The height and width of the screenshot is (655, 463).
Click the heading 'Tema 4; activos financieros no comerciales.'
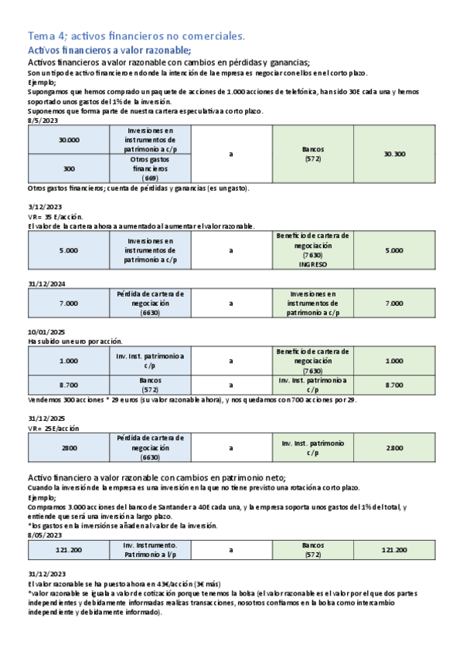(136, 36)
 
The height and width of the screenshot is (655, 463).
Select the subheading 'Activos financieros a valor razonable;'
(97, 49)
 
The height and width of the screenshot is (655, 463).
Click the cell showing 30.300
(394, 154)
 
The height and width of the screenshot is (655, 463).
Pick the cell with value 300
(69, 168)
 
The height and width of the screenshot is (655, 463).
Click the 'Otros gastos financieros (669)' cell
(151, 168)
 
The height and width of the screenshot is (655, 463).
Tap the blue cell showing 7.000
(69, 304)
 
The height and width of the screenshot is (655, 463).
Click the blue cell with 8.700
(69, 385)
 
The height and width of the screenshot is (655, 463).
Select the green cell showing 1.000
(394, 361)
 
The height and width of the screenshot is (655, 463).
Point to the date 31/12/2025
(46, 419)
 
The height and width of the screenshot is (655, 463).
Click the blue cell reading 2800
(69, 447)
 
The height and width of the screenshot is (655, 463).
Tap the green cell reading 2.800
(394, 447)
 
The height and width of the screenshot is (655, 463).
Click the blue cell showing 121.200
(69, 550)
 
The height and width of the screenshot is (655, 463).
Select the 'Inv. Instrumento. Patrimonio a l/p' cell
(151, 550)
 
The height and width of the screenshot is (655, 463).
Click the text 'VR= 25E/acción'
(53, 428)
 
